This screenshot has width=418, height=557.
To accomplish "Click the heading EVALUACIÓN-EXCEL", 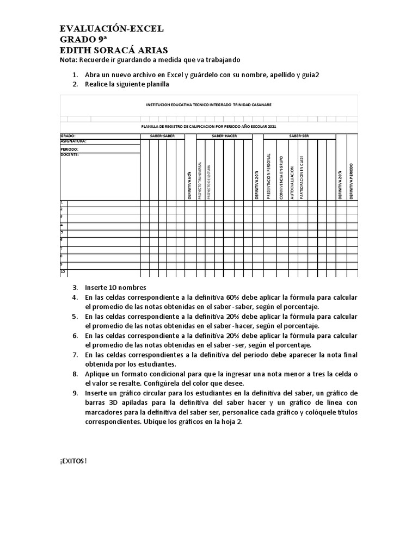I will (x=111, y=29).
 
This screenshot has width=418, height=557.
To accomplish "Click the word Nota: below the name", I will (x=69, y=60).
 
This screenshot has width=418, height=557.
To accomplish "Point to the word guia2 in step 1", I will (x=309, y=75).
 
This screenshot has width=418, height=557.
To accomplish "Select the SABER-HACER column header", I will (x=224, y=136).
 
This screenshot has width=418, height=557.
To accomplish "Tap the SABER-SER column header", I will (x=299, y=136).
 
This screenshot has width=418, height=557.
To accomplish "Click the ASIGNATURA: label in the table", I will (x=73, y=141).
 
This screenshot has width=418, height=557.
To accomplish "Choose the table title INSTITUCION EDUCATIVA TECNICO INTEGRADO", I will (x=209, y=104).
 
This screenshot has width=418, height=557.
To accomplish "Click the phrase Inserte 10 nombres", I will (x=115, y=287).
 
